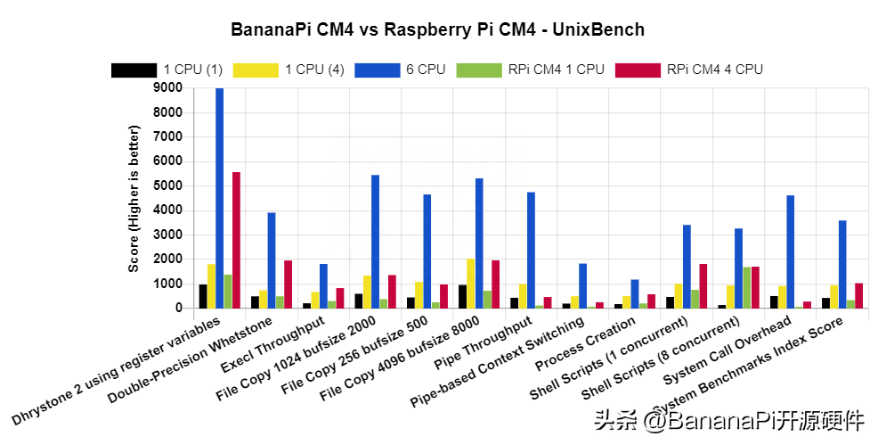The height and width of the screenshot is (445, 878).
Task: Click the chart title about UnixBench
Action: (438, 29)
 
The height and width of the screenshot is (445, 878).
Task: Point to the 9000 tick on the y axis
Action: (168, 88)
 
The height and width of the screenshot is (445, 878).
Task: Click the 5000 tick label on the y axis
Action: (168, 186)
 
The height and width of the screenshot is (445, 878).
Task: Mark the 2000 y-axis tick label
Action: (168, 260)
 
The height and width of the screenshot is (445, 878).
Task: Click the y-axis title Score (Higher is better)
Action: (134, 198)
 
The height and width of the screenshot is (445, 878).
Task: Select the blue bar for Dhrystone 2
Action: (220, 198)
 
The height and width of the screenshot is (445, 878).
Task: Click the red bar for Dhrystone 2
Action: (236, 240)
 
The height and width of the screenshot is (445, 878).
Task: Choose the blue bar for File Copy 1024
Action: (375, 242)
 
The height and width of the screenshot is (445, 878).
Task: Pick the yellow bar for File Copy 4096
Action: (471, 284)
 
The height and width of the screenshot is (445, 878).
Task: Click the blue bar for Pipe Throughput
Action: (531, 251)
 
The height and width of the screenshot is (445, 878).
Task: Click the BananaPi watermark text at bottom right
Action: (729, 419)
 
